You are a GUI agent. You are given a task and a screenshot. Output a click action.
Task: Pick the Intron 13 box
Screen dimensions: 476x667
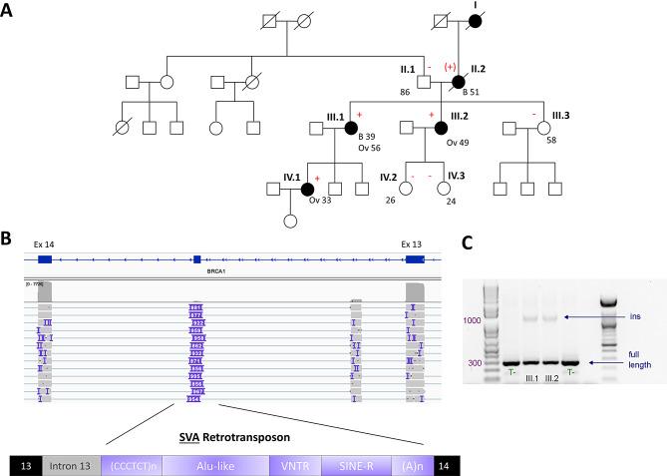click(x=70, y=464)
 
